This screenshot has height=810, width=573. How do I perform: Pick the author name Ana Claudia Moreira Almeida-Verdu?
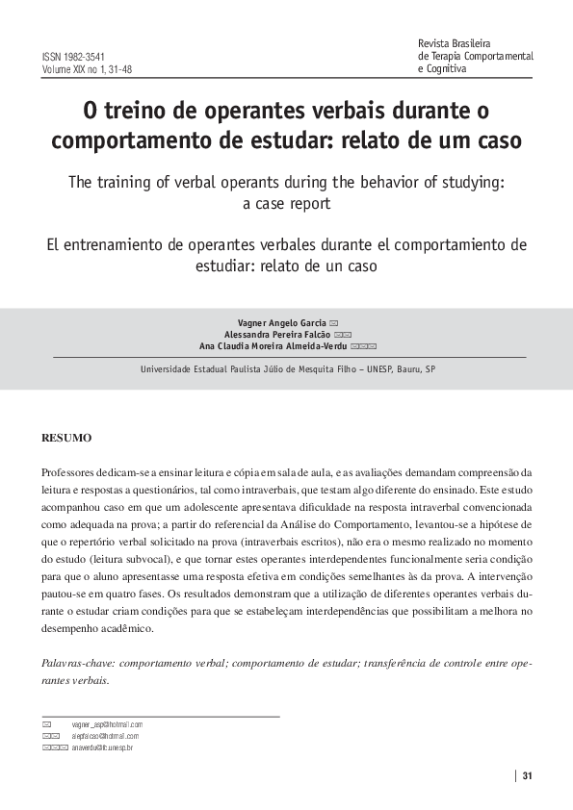coord(273,345)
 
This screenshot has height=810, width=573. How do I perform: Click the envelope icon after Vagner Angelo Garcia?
coord(332,321)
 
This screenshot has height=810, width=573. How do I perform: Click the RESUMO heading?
coord(66,438)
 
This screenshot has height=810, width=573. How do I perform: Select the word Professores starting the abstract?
coord(71,472)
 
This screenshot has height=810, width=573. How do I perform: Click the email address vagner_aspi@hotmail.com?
coord(107,723)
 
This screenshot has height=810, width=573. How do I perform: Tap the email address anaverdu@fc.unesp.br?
coord(102,747)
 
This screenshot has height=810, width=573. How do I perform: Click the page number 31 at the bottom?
coord(527,777)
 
